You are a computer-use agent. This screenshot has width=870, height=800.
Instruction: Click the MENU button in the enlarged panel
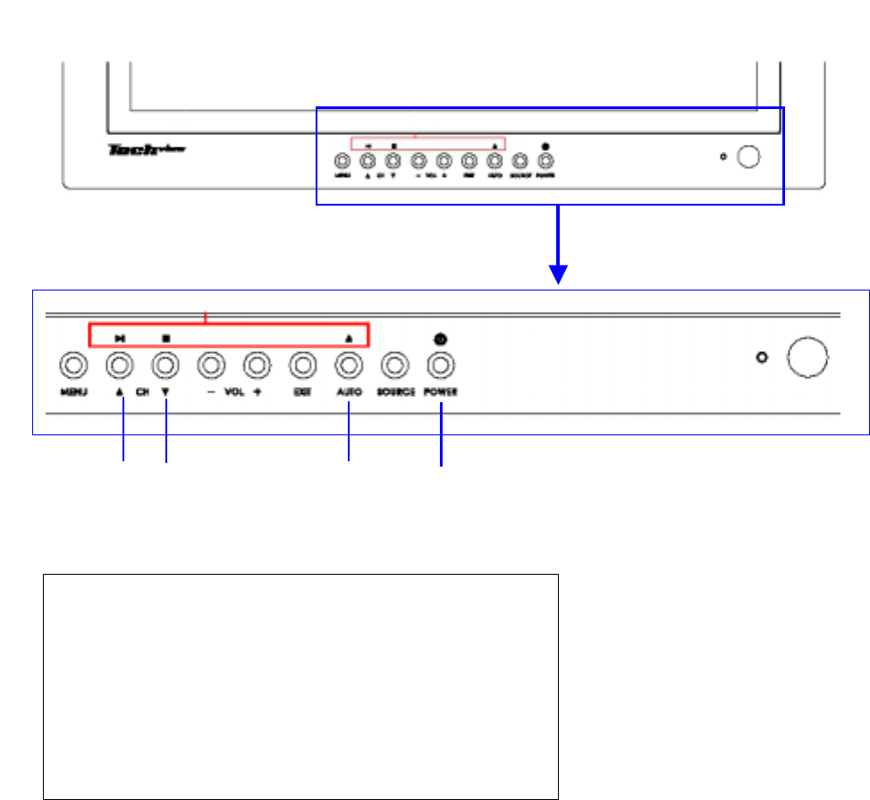click(x=73, y=365)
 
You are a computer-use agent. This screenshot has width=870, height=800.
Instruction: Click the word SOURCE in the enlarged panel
click(x=395, y=392)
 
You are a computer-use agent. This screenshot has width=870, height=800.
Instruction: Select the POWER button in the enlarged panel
click(x=441, y=365)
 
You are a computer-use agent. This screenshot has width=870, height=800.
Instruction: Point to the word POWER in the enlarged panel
click(x=442, y=392)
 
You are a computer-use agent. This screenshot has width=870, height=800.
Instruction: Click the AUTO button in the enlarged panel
click(x=349, y=365)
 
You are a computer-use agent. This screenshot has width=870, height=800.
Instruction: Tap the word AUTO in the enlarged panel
click(x=349, y=392)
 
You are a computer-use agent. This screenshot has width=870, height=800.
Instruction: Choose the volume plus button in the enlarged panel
click(x=257, y=365)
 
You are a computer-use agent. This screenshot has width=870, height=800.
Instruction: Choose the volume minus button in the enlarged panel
click(x=210, y=365)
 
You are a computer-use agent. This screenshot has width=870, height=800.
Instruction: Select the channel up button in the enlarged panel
click(x=120, y=365)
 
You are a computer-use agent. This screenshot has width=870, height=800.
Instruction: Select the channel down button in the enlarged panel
click(x=165, y=365)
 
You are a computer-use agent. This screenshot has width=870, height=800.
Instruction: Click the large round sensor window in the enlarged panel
click(x=807, y=358)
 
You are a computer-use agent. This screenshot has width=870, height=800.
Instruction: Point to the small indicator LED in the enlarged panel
click(x=762, y=358)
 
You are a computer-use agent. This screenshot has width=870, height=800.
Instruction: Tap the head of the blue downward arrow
click(x=559, y=275)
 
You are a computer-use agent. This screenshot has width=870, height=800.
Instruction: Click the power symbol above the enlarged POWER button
click(x=441, y=339)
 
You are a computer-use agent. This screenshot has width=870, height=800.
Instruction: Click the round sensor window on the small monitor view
click(x=749, y=157)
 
